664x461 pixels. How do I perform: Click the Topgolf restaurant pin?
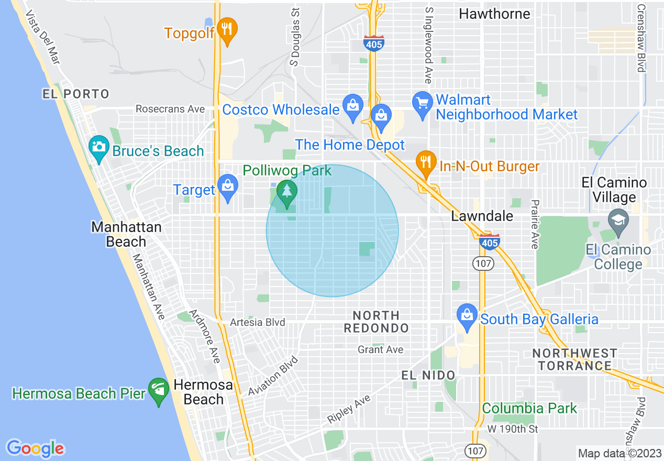click(x=227, y=29)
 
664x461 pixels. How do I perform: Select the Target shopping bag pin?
click(x=228, y=186)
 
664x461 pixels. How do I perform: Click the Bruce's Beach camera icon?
click(x=98, y=147)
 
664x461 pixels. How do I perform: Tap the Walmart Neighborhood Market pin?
click(x=422, y=104)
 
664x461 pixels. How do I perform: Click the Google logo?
click(x=36, y=448)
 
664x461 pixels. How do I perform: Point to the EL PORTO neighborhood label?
click(x=76, y=94)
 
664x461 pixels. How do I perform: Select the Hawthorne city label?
click(x=494, y=14)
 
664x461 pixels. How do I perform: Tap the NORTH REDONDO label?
click(x=376, y=322)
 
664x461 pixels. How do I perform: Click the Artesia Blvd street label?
click(x=257, y=322)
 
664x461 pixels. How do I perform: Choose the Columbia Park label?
click(x=529, y=408)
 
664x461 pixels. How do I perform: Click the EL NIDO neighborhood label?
click(x=428, y=375)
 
